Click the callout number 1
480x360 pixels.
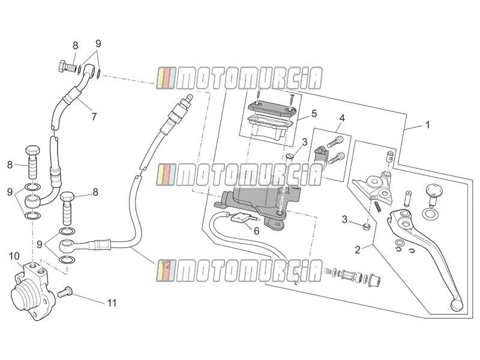(x=427, y=125)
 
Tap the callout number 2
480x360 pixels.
(x=358, y=250)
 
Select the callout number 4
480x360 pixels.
(x=342, y=118)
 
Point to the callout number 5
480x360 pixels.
(x=314, y=113)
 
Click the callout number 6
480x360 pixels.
(x=256, y=231)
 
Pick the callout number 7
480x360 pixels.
(x=94, y=116)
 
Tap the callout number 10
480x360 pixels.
(x=14, y=256)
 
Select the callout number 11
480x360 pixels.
(x=112, y=303)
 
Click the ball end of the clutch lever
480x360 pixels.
(x=457, y=305)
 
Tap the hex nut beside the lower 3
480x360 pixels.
(x=365, y=227)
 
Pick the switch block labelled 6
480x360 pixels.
(x=239, y=218)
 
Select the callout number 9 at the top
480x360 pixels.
(x=98, y=43)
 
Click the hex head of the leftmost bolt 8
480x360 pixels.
(x=32, y=151)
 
